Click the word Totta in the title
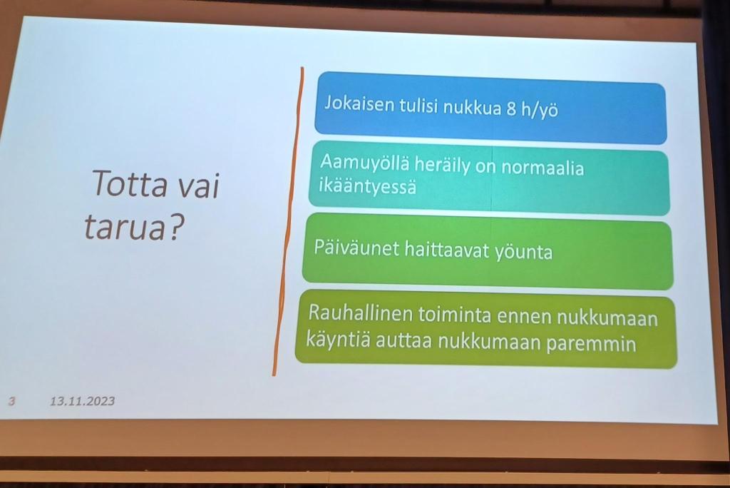(x=129, y=183)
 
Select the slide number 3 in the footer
(x=11, y=400)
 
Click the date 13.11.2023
(x=83, y=401)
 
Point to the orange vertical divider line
(x=288, y=221)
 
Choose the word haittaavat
(x=447, y=250)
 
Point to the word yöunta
(x=523, y=252)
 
